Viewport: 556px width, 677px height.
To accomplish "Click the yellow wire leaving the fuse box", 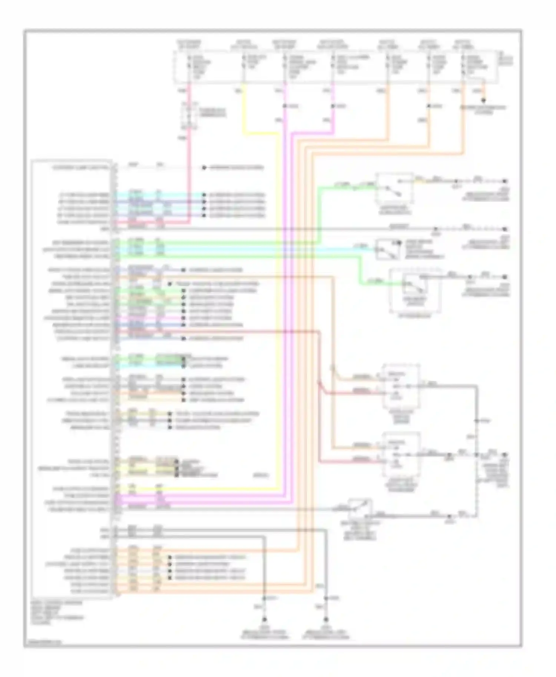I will coord(244,111).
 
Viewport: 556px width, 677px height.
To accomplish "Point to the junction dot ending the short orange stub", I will coord(483,100).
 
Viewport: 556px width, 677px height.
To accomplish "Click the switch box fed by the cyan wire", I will coord(388,250).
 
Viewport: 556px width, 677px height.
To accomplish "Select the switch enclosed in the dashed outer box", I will coord(414,286).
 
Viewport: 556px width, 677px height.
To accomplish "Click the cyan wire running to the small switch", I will coord(259,249).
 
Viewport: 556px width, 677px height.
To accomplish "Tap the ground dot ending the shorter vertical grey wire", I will coord(264,619).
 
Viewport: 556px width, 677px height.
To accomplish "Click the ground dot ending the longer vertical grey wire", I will coord(326,619).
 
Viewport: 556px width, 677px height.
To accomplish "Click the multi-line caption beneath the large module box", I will coord(57,613).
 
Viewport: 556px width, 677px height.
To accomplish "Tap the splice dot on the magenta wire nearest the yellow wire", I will coord(285,106).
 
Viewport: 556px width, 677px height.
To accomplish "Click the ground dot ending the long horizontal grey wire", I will coord(504,229).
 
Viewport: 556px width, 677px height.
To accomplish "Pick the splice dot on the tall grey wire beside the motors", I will coord(477,421).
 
